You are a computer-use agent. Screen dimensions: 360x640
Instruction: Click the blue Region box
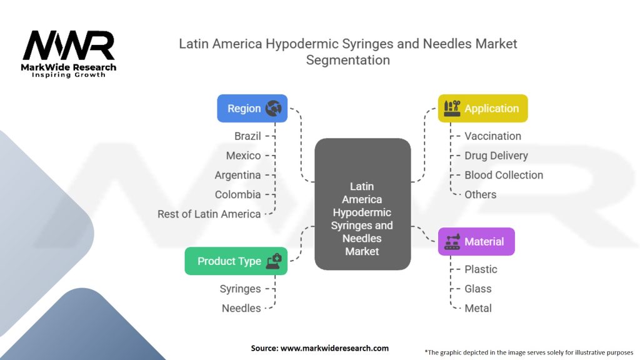click(252, 108)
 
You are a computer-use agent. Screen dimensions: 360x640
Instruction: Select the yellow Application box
click(482, 108)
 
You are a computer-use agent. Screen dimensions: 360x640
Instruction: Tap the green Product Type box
click(236, 261)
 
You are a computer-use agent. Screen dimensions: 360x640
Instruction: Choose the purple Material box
click(476, 241)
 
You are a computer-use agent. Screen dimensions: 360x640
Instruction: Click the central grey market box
click(362, 204)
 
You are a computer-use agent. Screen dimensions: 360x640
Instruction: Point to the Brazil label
click(247, 136)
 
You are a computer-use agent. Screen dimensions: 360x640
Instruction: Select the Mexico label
click(243, 155)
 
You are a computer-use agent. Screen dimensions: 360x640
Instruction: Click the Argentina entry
click(237, 175)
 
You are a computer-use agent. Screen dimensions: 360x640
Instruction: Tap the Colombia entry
click(237, 194)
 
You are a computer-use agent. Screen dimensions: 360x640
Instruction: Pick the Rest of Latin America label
click(209, 214)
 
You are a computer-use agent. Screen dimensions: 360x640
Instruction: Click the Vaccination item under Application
click(492, 136)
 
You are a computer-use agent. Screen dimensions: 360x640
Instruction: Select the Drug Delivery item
click(496, 155)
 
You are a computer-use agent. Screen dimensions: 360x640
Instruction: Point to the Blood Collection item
click(504, 175)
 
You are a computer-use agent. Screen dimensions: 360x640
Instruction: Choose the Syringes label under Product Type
click(240, 289)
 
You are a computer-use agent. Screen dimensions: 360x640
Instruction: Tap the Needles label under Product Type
click(241, 308)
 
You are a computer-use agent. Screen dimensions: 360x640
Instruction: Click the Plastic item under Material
click(481, 269)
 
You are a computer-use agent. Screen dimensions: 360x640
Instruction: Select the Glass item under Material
click(478, 289)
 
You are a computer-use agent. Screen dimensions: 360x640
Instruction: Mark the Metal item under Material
click(478, 308)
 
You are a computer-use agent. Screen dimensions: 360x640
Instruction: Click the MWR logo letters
click(69, 46)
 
